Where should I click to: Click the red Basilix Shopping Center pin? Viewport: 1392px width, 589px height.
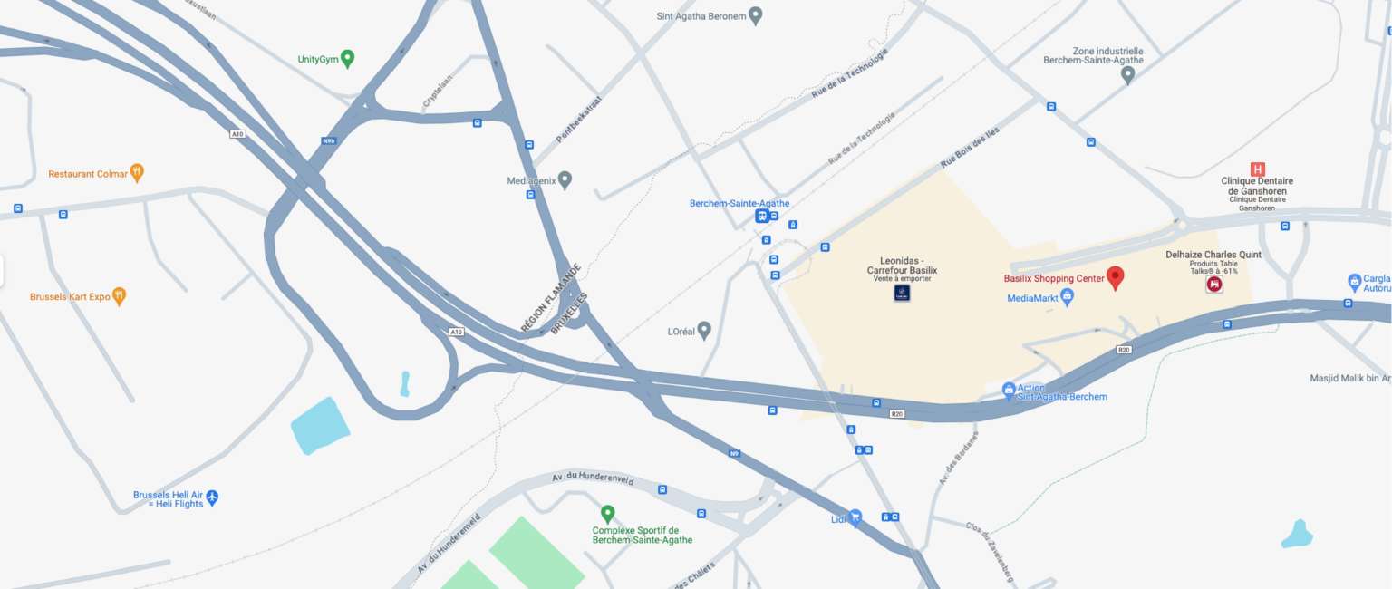click(x=1116, y=277)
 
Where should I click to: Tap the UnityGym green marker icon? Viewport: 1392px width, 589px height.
click(x=347, y=59)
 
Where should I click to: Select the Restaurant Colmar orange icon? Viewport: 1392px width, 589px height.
click(x=137, y=172)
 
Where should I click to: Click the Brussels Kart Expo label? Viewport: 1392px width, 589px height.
click(x=70, y=296)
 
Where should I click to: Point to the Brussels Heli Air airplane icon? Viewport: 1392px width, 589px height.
click(x=212, y=497)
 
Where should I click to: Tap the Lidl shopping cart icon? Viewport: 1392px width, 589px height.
click(x=855, y=517)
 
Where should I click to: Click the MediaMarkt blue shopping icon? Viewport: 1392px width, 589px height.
click(x=1067, y=296)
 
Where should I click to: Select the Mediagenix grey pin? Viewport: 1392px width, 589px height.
click(x=565, y=179)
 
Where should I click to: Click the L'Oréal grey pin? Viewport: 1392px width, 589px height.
click(x=704, y=331)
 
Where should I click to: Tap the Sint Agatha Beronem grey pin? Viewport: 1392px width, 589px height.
click(x=755, y=14)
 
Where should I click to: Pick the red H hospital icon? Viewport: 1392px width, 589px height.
click(x=1257, y=169)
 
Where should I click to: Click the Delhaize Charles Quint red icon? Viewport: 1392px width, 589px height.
click(x=1214, y=284)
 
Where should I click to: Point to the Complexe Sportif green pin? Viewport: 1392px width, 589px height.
click(x=607, y=514)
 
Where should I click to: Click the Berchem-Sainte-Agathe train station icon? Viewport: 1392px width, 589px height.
click(x=762, y=216)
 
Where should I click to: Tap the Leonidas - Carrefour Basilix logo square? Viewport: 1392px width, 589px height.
click(x=902, y=292)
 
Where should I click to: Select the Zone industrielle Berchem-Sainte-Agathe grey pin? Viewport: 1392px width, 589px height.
click(x=1127, y=74)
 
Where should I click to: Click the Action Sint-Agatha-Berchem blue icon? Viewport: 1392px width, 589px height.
click(x=1009, y=391)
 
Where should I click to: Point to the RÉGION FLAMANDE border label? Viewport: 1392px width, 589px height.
click(x=551, y=297)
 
